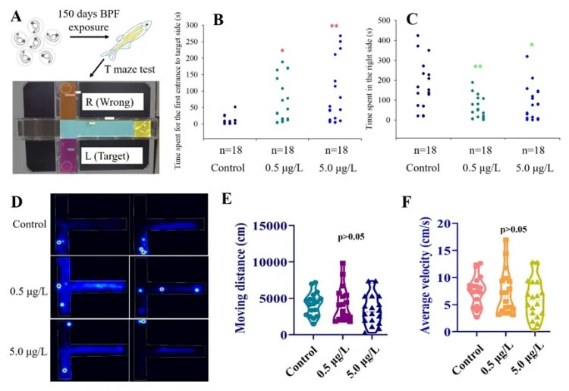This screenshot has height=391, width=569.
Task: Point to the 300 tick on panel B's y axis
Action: [201, 25]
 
